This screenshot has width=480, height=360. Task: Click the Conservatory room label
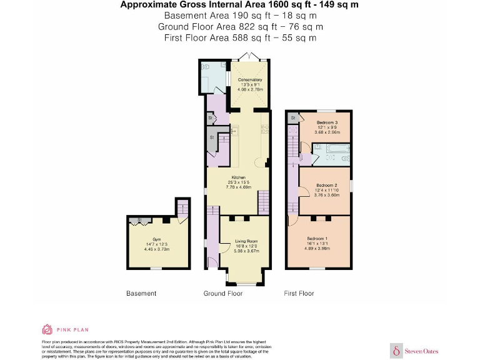point(250,80)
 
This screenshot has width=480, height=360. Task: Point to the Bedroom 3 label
point(327,122)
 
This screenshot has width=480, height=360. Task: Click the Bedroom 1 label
point(317,239)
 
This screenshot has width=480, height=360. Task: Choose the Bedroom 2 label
point(326,186)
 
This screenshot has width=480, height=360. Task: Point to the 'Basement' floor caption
point(141,293)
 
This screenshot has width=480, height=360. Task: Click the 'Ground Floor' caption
point(223,293)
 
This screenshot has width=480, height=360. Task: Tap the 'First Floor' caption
point(299,293)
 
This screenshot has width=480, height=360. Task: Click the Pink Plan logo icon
point(47,329)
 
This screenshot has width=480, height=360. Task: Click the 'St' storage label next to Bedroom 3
point(292,117)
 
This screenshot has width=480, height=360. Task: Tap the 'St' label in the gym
point(140,220)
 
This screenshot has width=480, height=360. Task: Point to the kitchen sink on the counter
point(233,131)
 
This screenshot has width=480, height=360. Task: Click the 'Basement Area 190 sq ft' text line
point(240,16)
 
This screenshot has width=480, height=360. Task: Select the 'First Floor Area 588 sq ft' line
point(240,37)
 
